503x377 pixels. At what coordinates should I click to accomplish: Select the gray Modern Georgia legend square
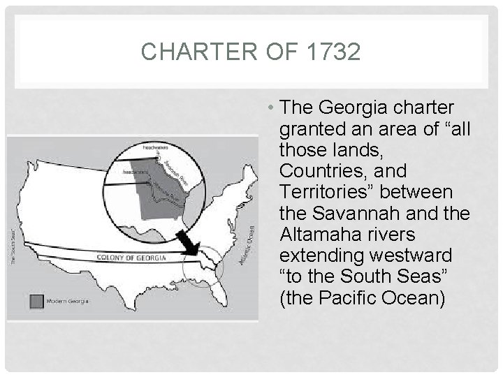point(36,301)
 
